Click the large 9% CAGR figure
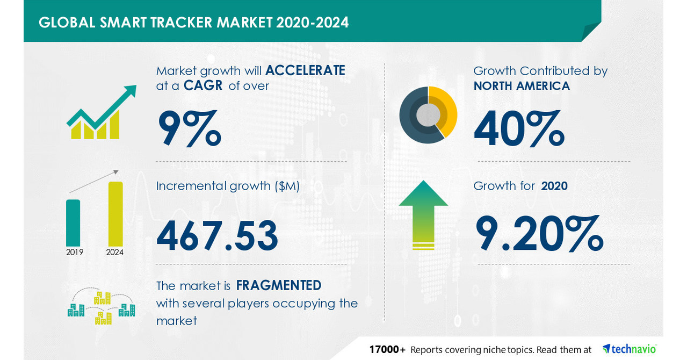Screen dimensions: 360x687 (189, 129)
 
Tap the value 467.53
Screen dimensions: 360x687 (218, 236)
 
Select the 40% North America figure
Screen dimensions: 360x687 (518, 129)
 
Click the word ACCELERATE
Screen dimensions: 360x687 (305, 70)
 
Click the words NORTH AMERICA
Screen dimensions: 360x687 (522, 86)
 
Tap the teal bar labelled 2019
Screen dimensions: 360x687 (73, 222)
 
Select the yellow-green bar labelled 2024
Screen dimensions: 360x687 (115, 213)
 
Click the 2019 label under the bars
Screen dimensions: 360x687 (75, 252)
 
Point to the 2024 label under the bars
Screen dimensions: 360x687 (115, 252)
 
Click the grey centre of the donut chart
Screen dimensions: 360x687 (428, 114)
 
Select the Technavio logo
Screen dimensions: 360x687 (629, 349)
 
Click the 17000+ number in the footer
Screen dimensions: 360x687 (387, 350)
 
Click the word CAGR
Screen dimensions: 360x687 (203, 86)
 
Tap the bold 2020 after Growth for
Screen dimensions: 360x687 (554, 186)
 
